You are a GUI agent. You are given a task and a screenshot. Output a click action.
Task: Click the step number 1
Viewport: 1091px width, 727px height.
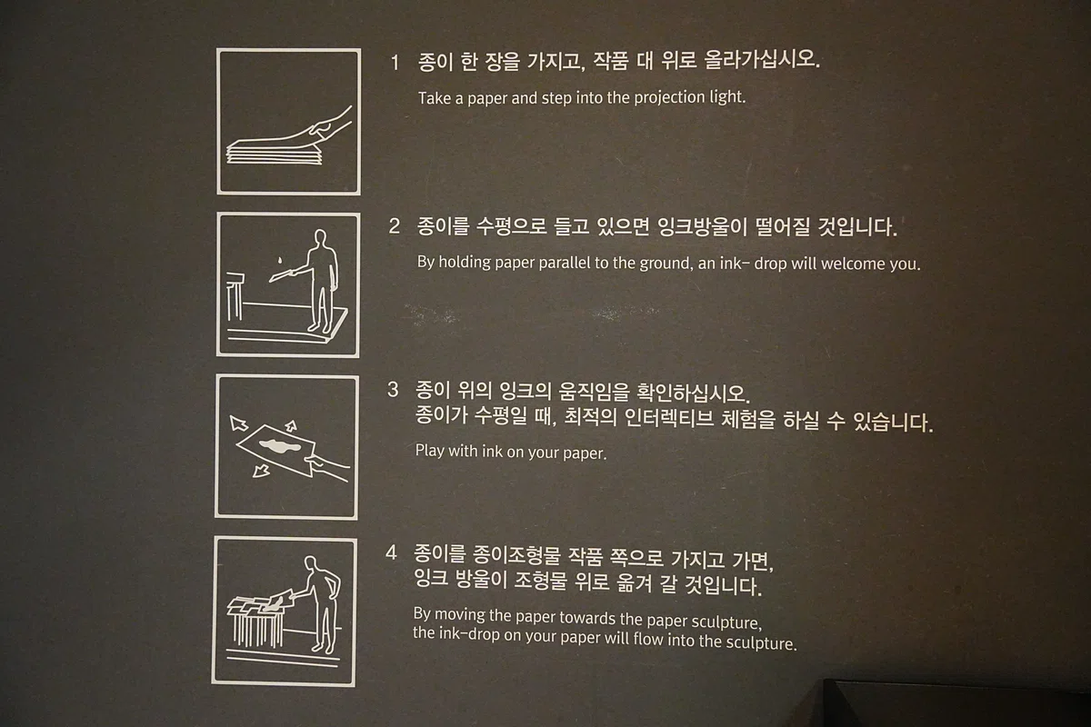pyautogui.click(x=395, y=63)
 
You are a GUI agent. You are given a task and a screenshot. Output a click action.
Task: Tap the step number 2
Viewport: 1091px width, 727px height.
pyautogui.click(x=394, y=226)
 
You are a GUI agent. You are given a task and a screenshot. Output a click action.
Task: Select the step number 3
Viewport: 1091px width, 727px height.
pyautogui.click(x=393, y=390)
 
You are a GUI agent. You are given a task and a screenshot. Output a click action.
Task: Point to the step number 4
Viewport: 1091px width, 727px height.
pyautogui.click(x=391, y=553)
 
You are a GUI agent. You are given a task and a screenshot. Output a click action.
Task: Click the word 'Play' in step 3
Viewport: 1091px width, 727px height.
pyautogui.click(x=429, y=451)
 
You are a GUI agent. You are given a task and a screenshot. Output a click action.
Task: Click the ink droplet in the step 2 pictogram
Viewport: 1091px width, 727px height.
pyautogui.click(x=280, y=261)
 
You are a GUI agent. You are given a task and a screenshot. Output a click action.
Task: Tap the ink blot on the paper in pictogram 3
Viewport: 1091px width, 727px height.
pyautogui.click(x=280, y=445)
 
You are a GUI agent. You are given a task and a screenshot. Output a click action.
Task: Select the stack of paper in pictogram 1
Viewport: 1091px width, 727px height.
pyautogui.click(x=275, y=152)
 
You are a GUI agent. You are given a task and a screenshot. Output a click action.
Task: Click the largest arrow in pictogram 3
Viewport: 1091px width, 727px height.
pyautogui.click(x=238, y=423)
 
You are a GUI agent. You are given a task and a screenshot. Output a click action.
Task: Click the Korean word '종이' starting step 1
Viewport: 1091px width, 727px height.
pyautogui.click(x=435, y=62)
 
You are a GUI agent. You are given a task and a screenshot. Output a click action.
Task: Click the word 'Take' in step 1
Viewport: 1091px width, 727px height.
pyautogui.click(x=435, y=98)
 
